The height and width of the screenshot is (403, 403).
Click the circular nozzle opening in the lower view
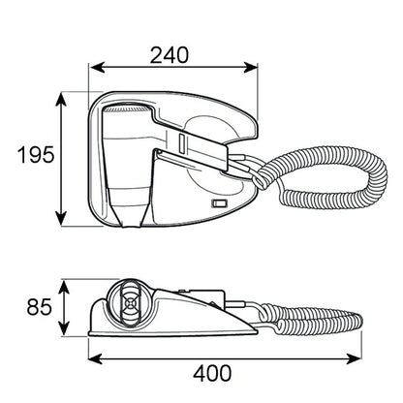(x=128, y=303)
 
